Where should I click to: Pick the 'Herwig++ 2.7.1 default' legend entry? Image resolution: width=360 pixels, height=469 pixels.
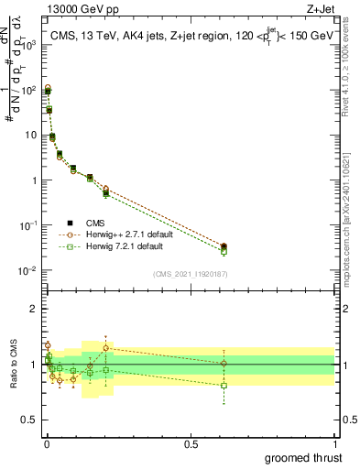coord(120,234)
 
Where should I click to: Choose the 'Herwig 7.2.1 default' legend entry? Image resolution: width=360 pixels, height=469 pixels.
coord(118,246)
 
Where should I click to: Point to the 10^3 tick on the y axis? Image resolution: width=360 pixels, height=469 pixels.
coord(30,45)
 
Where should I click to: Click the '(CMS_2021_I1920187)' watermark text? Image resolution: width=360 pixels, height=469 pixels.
coord(191,273)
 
